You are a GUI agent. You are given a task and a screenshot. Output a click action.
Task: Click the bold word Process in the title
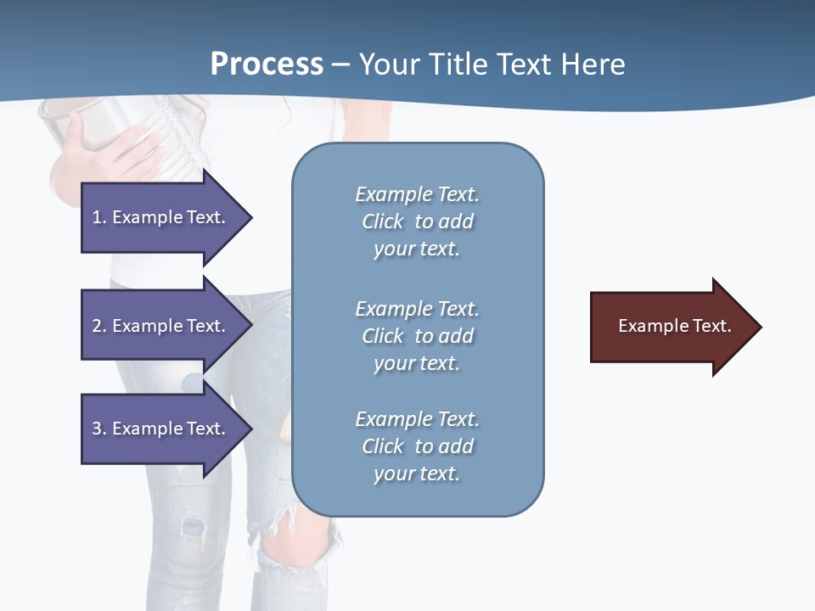[267, 64]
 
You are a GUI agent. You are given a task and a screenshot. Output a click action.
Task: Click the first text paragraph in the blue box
[417, 221]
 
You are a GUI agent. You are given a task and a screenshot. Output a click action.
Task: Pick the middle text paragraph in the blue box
[417, 336]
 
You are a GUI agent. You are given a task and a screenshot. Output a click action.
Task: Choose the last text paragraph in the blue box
[417, 446]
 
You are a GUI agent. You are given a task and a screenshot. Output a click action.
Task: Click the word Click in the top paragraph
[383, 221]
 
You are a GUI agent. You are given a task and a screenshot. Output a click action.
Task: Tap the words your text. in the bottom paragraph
[417, 474]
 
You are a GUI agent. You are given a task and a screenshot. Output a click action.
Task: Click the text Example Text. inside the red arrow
[674, 326]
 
